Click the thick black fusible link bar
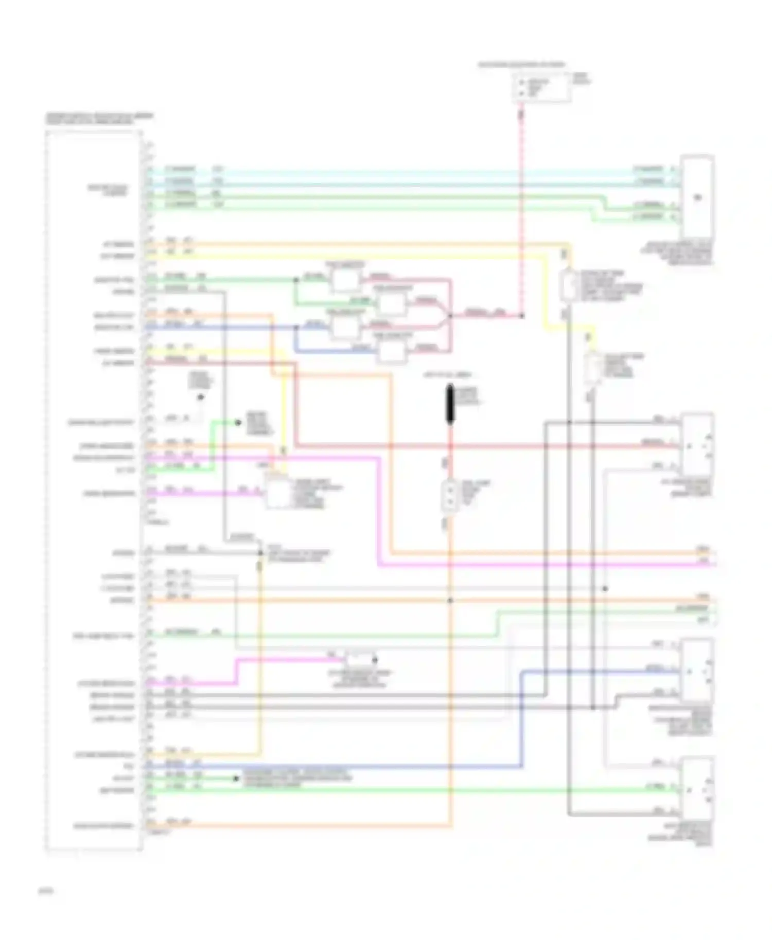pos(450,404)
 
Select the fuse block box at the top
pos(541,88)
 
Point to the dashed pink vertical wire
pos(521,206)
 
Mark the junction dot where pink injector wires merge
pos(450,316)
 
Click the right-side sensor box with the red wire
pos(698,445)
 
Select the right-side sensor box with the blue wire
pos(698,671)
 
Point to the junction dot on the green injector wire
pos(296,280)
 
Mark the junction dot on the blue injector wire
pos(296,327)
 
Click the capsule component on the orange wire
pos(568,284)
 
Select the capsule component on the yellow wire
pos(594,365)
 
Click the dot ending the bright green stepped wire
pos(238,423)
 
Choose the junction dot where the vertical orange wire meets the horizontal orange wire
pos(450,601)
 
